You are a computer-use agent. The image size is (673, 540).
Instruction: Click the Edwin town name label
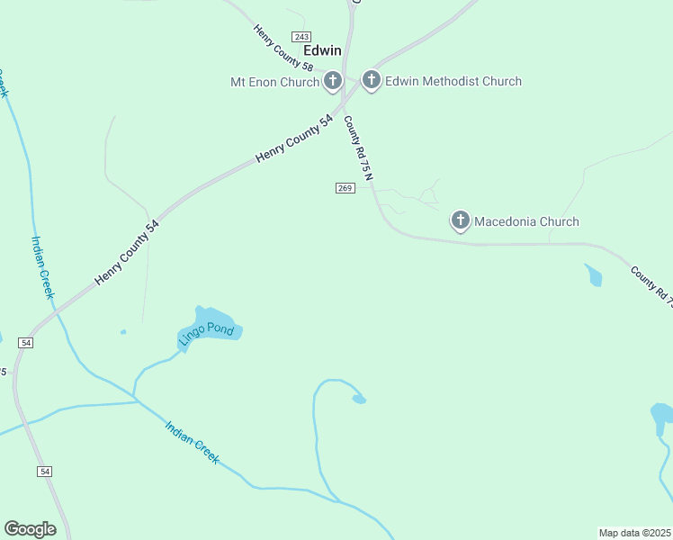click(x=322, y=50)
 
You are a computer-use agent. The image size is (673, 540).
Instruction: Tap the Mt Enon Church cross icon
click(x=332, y=82)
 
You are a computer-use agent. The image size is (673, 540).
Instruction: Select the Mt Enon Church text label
click(x=274, y=82)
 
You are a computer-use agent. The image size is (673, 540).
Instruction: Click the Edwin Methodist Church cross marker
click(x=371, y=81)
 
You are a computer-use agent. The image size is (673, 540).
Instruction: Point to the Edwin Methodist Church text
click(x=453, y=81)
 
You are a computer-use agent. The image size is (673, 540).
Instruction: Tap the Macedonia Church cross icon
click(x=460, y=220)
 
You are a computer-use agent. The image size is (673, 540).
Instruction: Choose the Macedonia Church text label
click(x=526, y=221)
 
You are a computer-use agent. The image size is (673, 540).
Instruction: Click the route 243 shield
click(x=301, y=35)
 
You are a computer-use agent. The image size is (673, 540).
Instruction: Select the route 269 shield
click(x=345, y=187)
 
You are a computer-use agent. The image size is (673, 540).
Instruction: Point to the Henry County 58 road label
click(x=283, y=49)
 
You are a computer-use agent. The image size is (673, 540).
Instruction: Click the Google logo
click(x=30, y=529)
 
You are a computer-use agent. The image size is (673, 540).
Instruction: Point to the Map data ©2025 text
click(x=634, y=533)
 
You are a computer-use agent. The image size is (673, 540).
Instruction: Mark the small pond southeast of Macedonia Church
click(x=593, y=274)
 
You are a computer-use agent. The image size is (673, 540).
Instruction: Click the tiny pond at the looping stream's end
click(x=359, y=399)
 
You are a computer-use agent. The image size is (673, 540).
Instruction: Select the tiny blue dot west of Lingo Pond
click(x=123, y=332)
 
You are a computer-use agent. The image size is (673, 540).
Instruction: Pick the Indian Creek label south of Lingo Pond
click(x=192, y=442)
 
